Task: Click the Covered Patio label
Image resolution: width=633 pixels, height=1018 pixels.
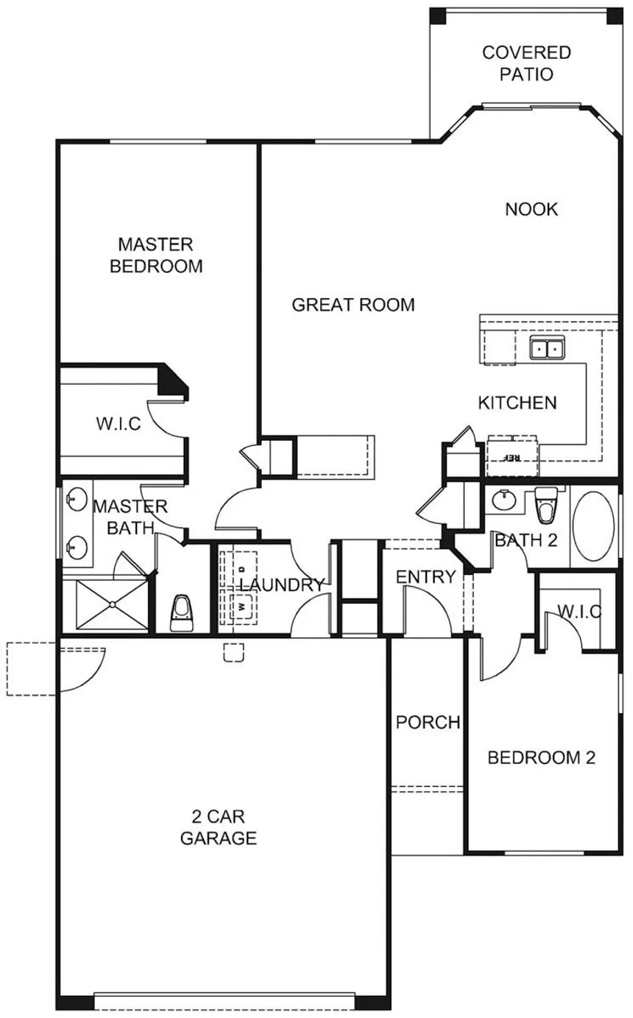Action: click(526, 63)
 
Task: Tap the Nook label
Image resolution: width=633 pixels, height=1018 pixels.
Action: click(531, 210)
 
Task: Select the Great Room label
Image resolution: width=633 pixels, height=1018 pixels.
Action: click(353, 305)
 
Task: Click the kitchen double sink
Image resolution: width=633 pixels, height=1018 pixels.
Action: click(547, 348)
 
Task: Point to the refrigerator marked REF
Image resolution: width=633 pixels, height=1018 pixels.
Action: click(512, 456)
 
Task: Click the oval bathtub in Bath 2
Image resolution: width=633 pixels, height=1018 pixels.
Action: click(594, 526)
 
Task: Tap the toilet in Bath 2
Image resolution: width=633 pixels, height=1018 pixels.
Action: click(545, 505)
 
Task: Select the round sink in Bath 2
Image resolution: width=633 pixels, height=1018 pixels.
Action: click(504, 501)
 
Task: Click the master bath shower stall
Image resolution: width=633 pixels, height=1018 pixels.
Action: click(112, 604)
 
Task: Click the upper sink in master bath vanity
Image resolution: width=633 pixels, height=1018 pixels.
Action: click(77, 500)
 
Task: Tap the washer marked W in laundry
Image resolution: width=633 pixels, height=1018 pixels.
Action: click(241, 607)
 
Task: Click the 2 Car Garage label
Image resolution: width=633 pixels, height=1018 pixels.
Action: click(219, 827)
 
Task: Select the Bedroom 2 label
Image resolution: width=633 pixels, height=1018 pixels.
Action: click(541, 757)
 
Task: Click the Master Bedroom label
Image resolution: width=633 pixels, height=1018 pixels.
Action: click(156, 255)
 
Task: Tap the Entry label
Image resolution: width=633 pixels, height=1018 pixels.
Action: click(425, 577)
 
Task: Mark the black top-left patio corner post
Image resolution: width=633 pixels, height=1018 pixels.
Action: click(438, 16)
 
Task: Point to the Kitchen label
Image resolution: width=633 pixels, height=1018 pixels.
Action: click(517, 403)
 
